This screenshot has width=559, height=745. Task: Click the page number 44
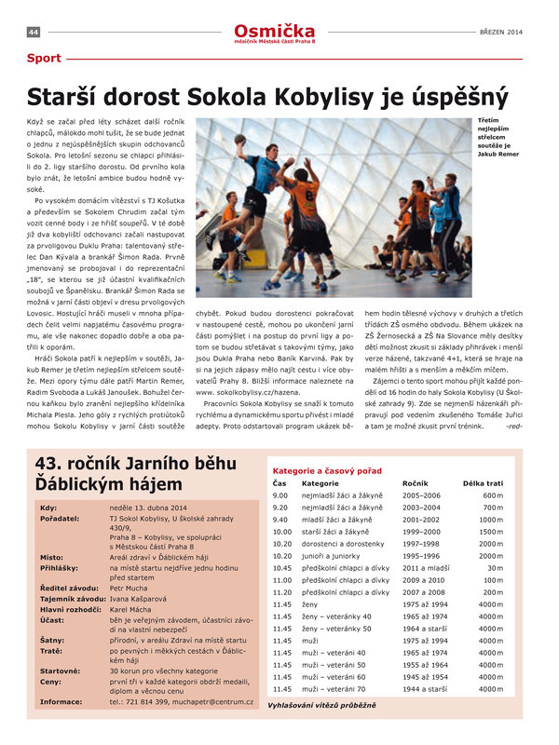[x=33, y=33]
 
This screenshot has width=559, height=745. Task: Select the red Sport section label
[x=44, y=59]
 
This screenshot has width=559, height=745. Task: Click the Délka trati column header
[x=484, y=484]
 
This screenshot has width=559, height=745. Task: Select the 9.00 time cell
[x=280, y=495]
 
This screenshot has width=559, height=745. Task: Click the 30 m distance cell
[x=495, y=567]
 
